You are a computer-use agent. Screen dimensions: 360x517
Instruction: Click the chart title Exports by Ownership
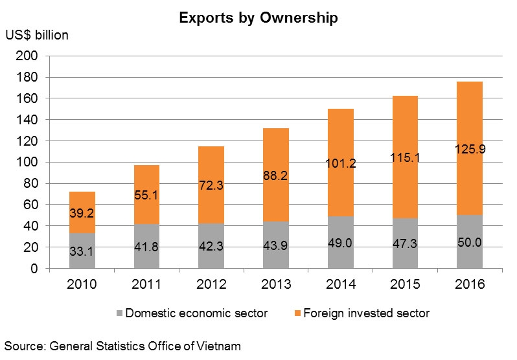click(x=258, y=18)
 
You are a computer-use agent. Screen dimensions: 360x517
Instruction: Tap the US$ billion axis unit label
click(x=37, y=36)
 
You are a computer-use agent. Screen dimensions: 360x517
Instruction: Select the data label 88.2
click(x=276, y=174)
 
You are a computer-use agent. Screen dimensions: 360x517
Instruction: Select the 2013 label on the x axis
click(x=276, y=285)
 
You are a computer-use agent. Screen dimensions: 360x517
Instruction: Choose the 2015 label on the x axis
click(x=405, y=285)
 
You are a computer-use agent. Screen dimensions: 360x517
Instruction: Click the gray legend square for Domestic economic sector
click(x=121, y=313)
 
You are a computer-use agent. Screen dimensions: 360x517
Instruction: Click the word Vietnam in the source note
click(x=219, y=346)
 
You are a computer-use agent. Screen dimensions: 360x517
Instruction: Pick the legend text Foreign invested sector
click(x=369, y=313)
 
